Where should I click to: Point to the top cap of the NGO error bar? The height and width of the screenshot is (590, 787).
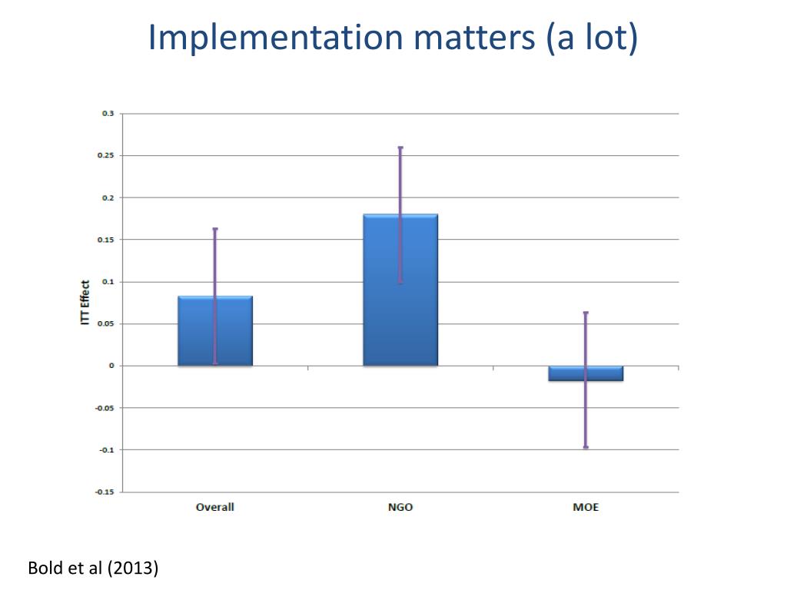pyautogui.click(x=400, y=147)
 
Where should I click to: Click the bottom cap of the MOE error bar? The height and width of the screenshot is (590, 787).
pyautogui.click(x=586, y=447)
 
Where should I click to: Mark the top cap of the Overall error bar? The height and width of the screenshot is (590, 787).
pyautogui.click(x=215, y=229)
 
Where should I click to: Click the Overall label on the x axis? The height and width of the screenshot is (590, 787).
pyautogui.click(x=215, y=508)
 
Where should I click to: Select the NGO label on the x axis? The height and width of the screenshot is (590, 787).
pyautogui.click(x=400, y=508)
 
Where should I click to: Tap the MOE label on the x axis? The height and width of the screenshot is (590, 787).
pyautogui.click(x=586, y=508)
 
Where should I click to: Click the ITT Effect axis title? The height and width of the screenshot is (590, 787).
pyautogui.click(x=85, y=302)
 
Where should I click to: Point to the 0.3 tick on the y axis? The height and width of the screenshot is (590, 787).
pyautogui.click(x=108, y=114)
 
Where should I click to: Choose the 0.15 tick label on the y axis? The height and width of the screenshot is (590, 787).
pyautogui.click(x=106, y=240)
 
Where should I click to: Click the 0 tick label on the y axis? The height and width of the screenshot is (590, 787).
pyautogui.click(x=111, y=366)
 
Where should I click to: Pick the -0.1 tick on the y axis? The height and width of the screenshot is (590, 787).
pyautogui.click(x=106, y=449)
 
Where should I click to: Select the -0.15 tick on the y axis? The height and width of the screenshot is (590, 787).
pyautogui.click(x=105, y=492)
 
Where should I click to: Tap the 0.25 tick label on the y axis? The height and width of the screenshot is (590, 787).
pyautogui.click(x=106, y=156)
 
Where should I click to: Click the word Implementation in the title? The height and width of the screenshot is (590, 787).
pyautogui.click(x=275, y=38)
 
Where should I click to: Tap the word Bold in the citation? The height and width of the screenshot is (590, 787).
pyautogui.click(x=43, y=569)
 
